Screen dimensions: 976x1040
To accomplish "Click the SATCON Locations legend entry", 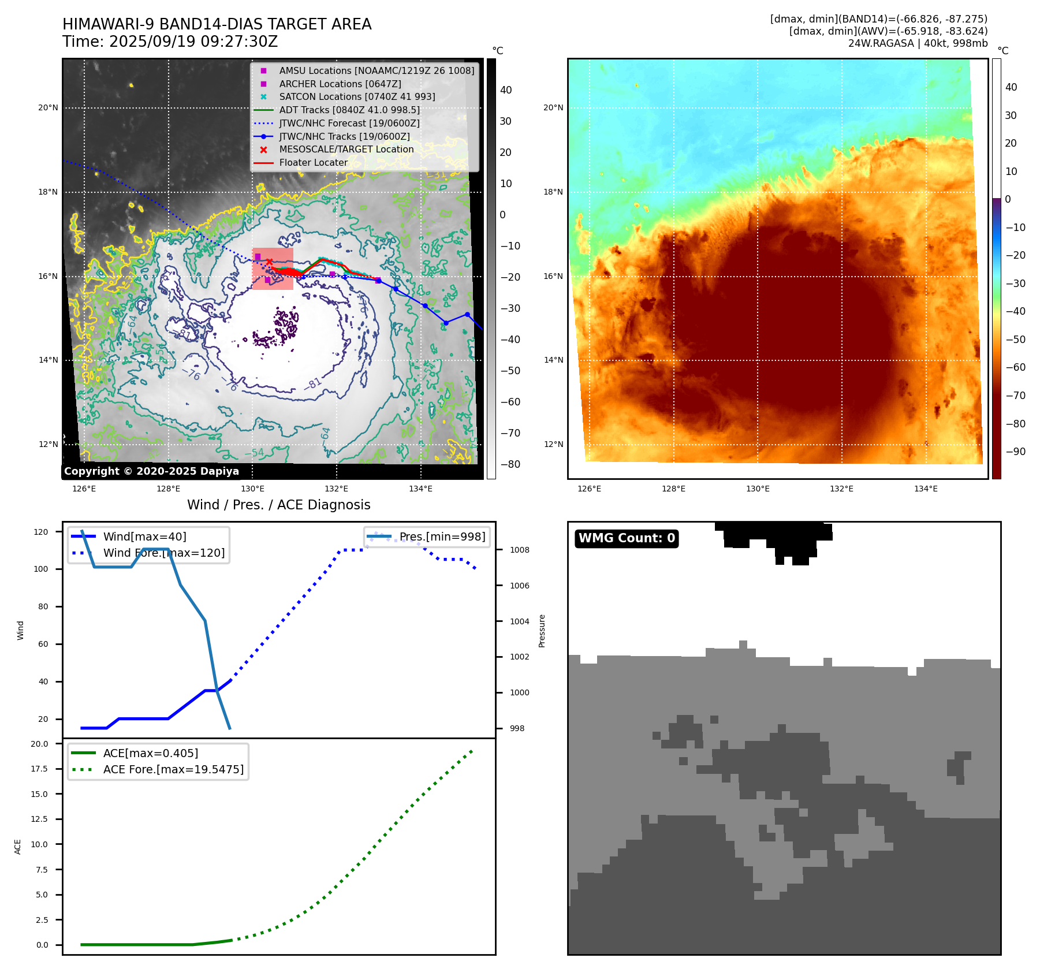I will [357, 96].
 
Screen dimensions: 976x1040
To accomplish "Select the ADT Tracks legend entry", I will [349, 110].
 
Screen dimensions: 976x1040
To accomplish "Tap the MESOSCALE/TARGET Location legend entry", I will [346, 149].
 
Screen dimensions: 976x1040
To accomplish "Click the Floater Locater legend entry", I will [314, 162].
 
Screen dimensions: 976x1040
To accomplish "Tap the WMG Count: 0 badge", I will [627, 538].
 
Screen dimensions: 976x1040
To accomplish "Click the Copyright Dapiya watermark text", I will [151, 471].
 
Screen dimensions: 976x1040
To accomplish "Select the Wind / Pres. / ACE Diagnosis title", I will [279, 505].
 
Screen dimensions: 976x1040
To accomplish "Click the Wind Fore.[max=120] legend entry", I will [164, 553].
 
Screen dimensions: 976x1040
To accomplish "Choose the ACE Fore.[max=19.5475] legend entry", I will [173, 769].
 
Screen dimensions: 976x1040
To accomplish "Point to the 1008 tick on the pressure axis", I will [520, 550].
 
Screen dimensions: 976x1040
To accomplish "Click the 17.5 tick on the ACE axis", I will [39, 769].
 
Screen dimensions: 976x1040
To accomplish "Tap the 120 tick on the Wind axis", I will [41, 532].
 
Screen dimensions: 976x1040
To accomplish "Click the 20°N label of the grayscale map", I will [48, 107].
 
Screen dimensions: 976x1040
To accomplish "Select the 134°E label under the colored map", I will [926, 489].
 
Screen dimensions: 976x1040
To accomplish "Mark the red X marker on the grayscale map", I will [269, 262].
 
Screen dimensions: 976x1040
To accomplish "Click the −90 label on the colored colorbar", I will [1015, 452].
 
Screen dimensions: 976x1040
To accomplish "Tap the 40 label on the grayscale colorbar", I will [506, 90].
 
